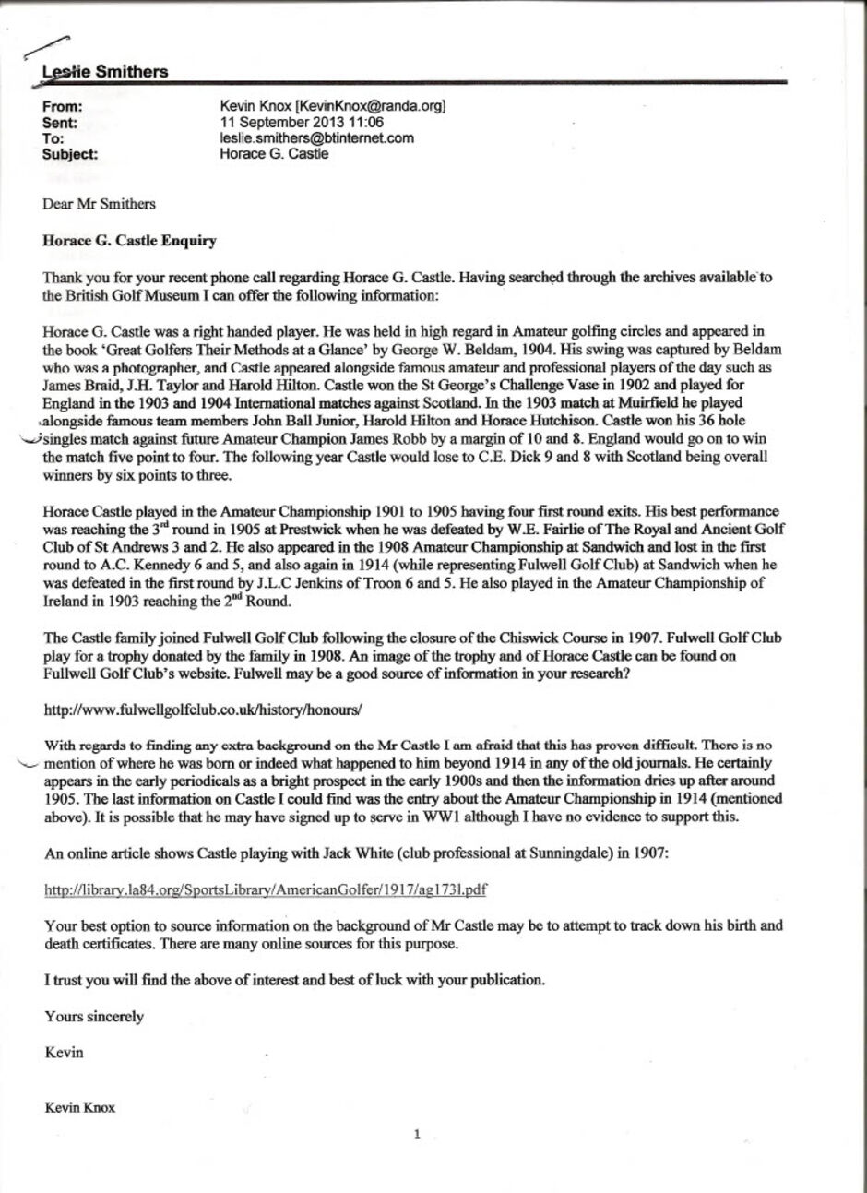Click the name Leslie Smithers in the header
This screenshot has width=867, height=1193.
pos(106,71)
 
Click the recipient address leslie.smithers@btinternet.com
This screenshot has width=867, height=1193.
pos(316,138)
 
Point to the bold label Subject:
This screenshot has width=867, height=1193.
pos(70,154)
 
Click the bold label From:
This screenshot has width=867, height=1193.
pos(63,107)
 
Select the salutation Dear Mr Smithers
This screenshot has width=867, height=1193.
pos(100,204)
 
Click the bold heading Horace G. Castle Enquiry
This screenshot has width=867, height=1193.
pos(130,241)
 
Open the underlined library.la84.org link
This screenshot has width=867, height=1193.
pos(266,889)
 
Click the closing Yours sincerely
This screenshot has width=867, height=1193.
pos(94,1017)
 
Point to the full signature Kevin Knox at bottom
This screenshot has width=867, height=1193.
pos(80,1108)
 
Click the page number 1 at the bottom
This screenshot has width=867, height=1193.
pos(417,1134)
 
